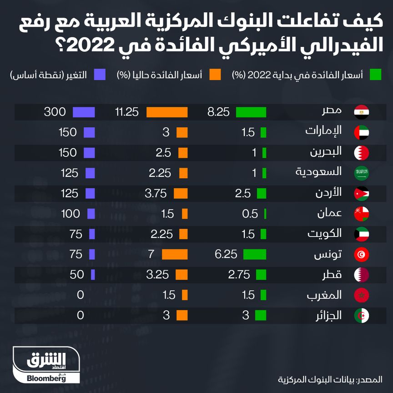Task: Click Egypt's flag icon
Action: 362,112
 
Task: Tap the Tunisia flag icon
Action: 362,254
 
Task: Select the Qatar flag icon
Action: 362,275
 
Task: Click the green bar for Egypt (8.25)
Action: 251,112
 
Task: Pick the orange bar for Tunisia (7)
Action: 175,254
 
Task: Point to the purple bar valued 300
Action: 84,112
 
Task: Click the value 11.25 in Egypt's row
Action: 126,112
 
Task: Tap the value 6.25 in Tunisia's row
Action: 226,254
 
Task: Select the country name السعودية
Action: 325,172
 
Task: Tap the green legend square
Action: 375,75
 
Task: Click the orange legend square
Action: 215,75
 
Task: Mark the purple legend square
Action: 100,75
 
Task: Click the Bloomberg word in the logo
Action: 46,378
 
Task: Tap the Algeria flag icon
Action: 362,315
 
